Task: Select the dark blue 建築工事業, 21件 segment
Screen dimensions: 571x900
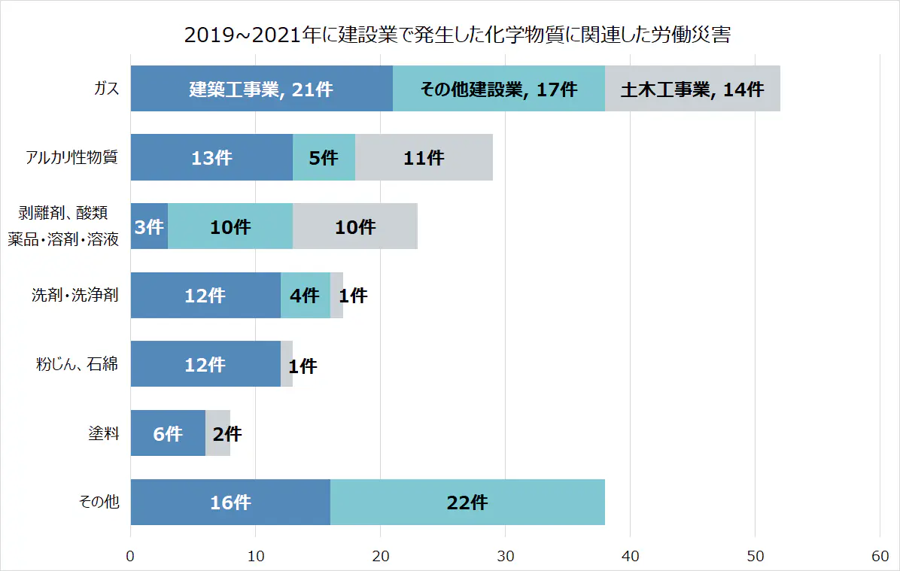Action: (x=261, y=89)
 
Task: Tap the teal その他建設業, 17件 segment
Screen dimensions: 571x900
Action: (x=498, y=89)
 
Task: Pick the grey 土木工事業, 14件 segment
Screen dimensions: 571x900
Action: (x=692, y=89)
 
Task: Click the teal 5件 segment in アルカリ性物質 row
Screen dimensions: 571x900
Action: (x=324, y=158)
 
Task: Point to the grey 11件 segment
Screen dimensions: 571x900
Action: (x=424, y=158)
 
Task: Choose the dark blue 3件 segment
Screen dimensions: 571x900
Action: (x=149, y=226)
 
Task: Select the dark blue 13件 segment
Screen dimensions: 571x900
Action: (x=211, y=158)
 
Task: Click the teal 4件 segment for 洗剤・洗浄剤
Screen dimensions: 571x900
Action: (x=305, y=296)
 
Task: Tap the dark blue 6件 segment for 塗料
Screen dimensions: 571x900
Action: (x=168, y=433)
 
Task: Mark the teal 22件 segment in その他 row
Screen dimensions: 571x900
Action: (x=467, y=503)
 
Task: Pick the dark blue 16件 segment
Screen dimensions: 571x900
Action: (x=230, y=503)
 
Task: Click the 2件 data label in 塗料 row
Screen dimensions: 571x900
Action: (x=227, y=434)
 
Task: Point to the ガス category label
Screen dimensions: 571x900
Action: (x=106, y=89)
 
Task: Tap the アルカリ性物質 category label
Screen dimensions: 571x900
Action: (x=71, y=158)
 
